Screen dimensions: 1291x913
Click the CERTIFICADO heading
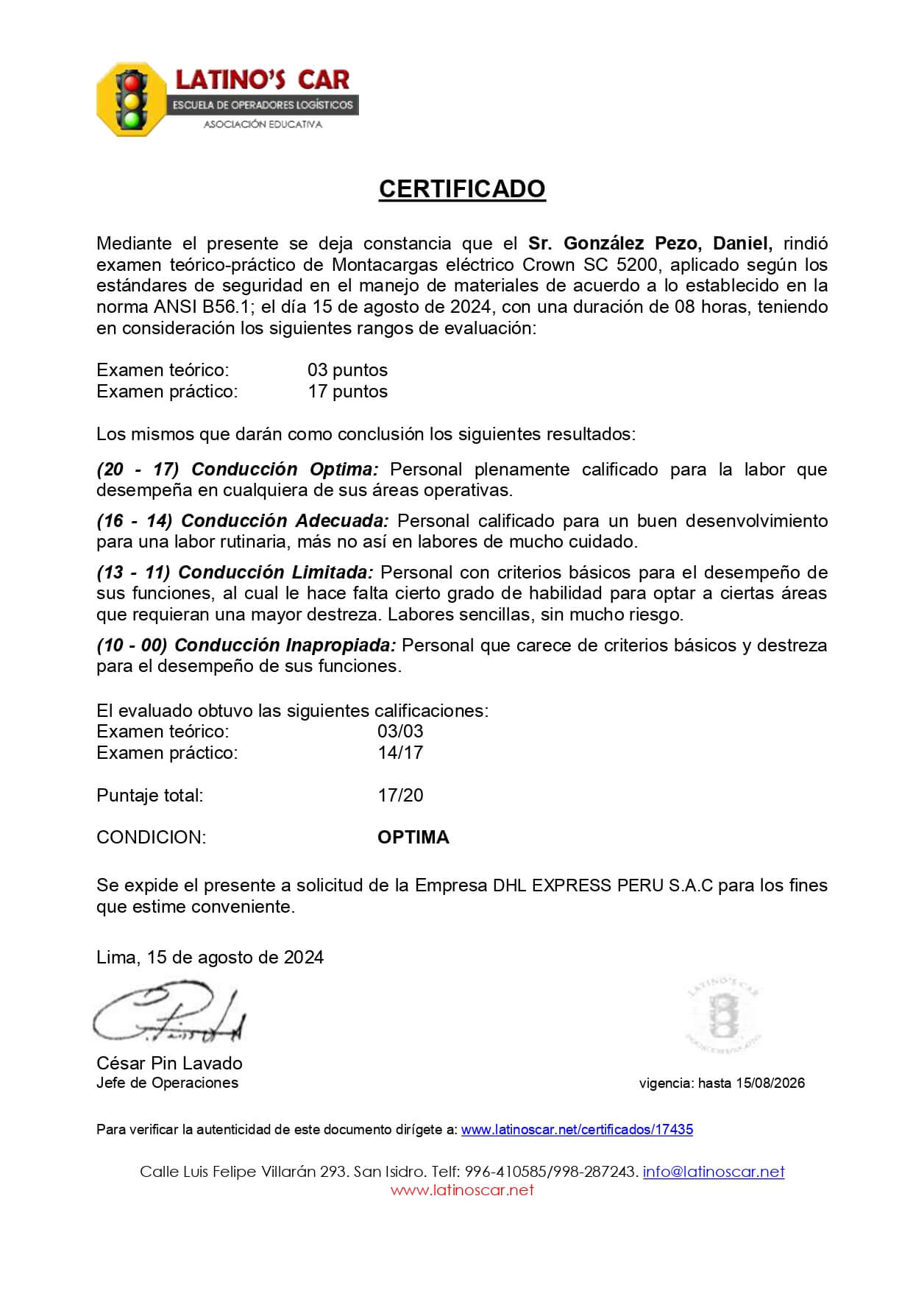(x=461, y=189)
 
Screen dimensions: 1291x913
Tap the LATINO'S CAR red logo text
(x=262, y=79)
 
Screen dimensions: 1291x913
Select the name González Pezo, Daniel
(x=650, y=244)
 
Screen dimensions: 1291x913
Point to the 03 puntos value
(x=347, y=370)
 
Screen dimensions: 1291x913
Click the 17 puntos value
(x=347, y=392)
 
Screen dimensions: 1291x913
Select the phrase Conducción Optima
(x=285, y=470)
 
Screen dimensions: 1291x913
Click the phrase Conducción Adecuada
(x=285, y=521)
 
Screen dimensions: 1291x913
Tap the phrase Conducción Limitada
(x=276, y=573)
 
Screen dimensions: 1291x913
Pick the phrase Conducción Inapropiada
(x=285, y=645)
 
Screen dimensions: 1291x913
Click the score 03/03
(x=400, y=732)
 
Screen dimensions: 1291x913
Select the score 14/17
(x=400, y=753)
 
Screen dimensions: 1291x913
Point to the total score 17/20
(x=400, y=796)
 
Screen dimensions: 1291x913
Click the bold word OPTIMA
(x=413, y=838)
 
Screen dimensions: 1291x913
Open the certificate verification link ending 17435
(x=577, y=1130)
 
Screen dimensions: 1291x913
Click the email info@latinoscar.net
(x=714, y=1172)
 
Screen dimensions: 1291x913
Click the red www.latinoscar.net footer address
(x=461, y=1190)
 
